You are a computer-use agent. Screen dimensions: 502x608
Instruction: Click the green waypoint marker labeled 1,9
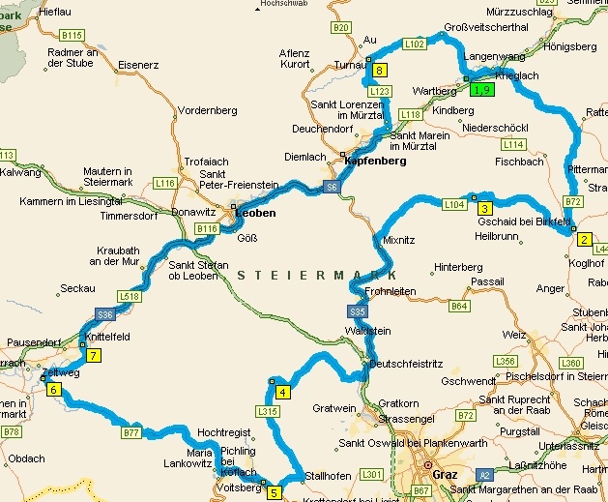point(482,90)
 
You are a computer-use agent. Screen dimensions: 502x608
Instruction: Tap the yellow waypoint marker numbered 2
point(584,240)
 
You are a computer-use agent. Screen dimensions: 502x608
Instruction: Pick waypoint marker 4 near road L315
point(282,392)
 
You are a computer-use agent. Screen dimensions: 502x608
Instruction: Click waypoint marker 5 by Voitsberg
point(274,492)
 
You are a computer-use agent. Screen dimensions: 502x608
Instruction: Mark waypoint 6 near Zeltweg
point(54,390)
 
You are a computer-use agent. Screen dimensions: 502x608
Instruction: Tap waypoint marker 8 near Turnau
point(380,71)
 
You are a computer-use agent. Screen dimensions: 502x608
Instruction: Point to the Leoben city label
point(256,213)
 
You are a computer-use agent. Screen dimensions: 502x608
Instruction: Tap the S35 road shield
point(358,311)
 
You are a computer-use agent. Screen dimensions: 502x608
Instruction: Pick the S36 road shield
point(105,315)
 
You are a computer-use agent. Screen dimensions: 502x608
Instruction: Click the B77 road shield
point(132,433)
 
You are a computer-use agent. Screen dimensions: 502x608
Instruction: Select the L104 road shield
point(454,204)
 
